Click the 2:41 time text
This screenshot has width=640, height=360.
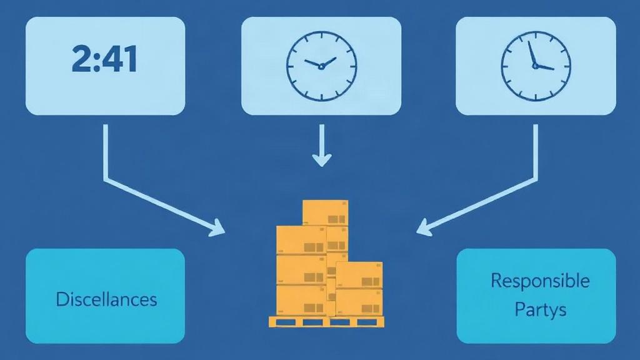click(104, 59)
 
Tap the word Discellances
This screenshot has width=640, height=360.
click(106, 299)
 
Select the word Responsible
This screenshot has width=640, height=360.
click(540, 281)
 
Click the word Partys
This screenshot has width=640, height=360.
click(541, 309)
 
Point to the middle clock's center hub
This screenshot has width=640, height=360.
click(321, 66)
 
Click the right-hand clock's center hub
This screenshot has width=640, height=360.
click(535, 66)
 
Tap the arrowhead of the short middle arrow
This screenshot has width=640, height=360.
click(322, 159)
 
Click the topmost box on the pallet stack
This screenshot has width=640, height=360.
click(325, 212)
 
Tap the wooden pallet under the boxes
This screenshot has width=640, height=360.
click(326, 322)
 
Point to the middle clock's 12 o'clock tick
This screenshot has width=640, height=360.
click(322, 36)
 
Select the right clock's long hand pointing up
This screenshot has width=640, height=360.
click(531, 53)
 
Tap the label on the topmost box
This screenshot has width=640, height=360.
click(336, 219)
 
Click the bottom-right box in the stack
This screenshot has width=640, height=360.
click(359, 302)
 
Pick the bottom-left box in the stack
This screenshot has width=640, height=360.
click(302, 300)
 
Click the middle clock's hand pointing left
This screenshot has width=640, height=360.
click(312, 63)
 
